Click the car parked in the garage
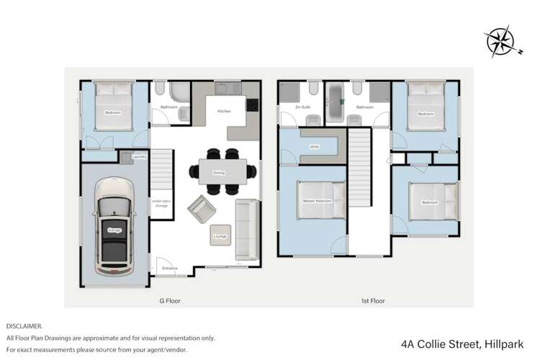[x=114, y=229]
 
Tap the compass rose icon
[x=500, y=42]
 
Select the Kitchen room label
[x=223, y=112]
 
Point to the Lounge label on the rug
[x=220, y=235]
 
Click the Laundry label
[x=140, y=156]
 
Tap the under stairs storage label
[x=160, y=204]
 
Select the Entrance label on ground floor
[x=169, y=269]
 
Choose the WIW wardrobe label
[x=314, y=147]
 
